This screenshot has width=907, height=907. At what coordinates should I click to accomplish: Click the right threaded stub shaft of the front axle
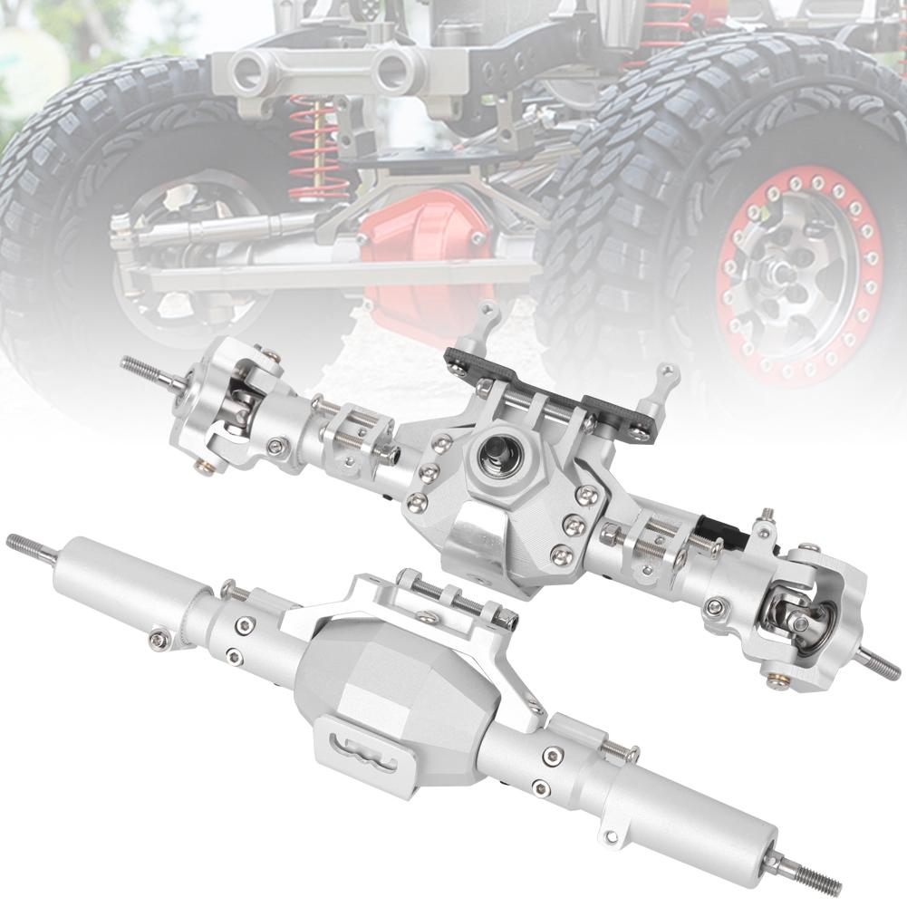(x=881, y=664)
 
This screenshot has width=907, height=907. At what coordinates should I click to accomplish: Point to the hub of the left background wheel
(x=172, y=222)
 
